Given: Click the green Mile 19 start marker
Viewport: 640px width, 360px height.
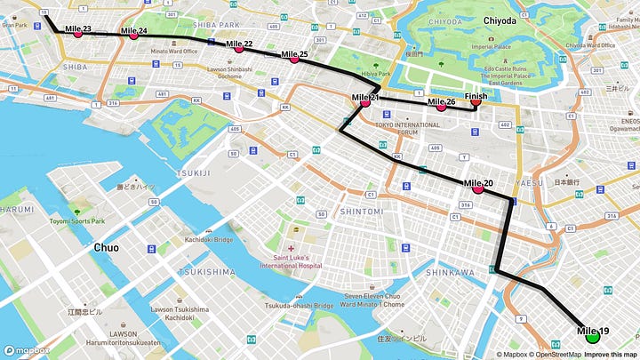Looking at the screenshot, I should (x=593, y=338).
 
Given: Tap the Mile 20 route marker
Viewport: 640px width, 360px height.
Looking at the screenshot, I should (x=478, y=188).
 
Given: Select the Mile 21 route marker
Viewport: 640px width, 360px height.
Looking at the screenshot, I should (x=364, y=102).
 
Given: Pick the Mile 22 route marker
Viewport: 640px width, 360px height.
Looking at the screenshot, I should (x=238, y=48).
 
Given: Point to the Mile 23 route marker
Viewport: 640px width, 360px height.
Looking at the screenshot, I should (x=77, y=33).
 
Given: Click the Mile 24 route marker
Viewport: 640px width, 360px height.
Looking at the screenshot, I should (x=133, y=35).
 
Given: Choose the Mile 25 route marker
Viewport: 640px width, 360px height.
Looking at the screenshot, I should (x=294, y=60).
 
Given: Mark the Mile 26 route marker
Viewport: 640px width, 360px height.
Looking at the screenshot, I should (x=441, y=107).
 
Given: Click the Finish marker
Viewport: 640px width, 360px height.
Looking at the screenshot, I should (x=476, y=101).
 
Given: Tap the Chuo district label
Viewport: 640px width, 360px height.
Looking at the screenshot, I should (x=113, y=248).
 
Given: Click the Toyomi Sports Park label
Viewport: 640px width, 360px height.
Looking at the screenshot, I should (x=76, y=220).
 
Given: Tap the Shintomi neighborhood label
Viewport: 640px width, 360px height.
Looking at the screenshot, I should (x=363, y=212).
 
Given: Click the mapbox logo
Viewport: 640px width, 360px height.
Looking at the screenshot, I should (x=26, y=351).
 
